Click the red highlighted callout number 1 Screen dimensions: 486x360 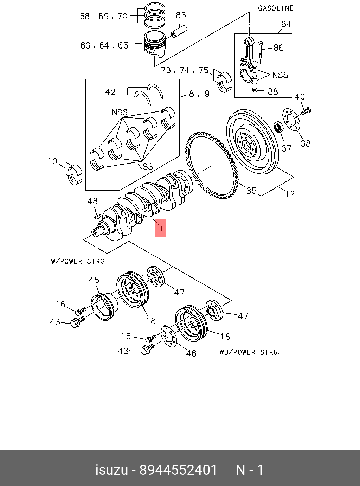click(x=161, y=228)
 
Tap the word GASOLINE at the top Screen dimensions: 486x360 click(x=276, y=8)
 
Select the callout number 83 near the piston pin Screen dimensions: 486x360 click(x=181, y=15)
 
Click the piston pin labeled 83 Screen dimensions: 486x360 click(x=179, y=31)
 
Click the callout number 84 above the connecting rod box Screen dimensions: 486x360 click(x=286, y=24)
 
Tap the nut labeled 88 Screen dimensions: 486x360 click(x=255, y=90)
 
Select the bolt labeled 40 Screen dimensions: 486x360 click(x=306, y=111)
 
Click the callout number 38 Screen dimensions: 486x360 click(x=306, y=143)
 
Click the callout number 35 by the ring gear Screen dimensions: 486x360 click(x=251, y=191)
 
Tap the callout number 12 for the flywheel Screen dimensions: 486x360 click(x=290, y=194)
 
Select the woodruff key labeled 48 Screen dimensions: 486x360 click(x=97, y=215)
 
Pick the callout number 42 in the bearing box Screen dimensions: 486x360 click(x=110, y=92)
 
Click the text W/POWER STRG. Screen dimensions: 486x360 click(x=78, y=262)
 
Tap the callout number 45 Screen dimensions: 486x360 click(x=94, y=280)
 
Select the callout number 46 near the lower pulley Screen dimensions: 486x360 click(x=191, y=353)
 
